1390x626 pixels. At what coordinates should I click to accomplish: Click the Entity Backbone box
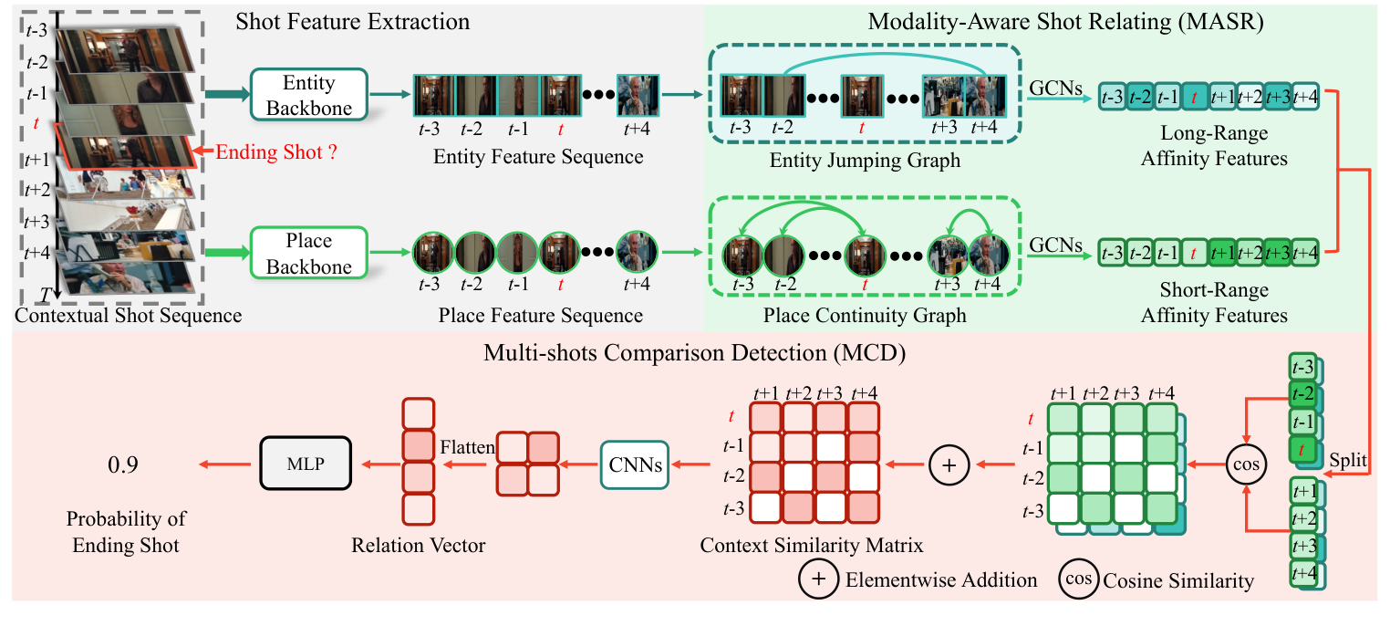point(308,95)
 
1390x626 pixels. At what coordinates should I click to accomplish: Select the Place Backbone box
point(308,253)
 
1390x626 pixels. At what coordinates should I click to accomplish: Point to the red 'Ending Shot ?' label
point(276,152)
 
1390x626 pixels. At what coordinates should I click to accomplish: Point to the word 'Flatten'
point(468,448)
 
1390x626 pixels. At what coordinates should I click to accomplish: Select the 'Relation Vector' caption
point(419,546)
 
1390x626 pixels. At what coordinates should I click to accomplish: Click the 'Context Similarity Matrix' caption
point(812,546)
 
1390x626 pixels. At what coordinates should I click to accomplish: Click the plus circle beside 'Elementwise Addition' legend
point(817,579)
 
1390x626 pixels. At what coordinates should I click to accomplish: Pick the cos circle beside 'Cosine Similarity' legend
point(1078,579)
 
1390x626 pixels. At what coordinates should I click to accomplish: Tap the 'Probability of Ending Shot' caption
point(126,532)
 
